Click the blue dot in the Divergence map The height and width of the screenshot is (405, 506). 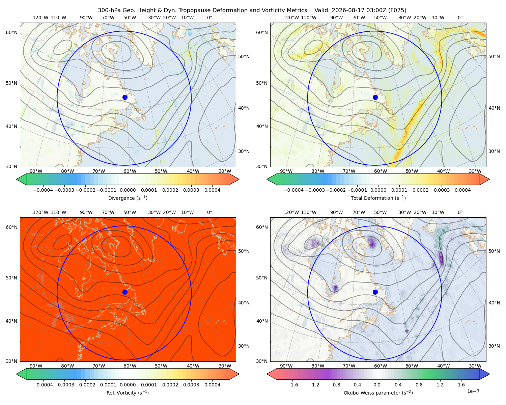pyautogui.click(x=125, y=98)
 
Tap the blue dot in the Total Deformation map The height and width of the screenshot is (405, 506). pyautogui.click(x=375, y=98)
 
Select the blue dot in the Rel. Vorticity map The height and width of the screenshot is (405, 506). pyautogui.click(x=125, y=292)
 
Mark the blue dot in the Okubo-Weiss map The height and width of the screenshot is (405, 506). pyautogui.click(x=375, y=292)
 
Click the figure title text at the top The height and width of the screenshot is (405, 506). pyautogui.click(x=252, y=10)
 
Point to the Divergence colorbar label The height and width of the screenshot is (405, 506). pyautogui.click(x=128, y=198)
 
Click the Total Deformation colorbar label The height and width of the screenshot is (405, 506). pyautogui.click(x=378, y=198)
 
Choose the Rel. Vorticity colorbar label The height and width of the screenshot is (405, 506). pyautogui.click(x=128, y=393)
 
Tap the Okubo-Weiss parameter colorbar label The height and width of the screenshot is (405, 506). pyautogui.click(x=378, y=393)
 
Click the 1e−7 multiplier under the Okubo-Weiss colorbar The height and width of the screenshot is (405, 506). pyautogui.click(x=473, y=391)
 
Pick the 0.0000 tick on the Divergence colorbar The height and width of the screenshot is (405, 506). pyautogui.click(x=128, y=190)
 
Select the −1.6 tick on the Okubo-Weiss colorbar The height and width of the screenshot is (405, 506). pyautogui.click(x=292, y=385)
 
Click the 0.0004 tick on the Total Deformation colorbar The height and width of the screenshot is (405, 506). pyautogui.click(x=462, y=190)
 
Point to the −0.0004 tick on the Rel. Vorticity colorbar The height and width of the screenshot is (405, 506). pyautogui.click(x=43, y=385)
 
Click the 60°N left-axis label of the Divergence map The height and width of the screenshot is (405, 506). pyautogui.click(x=11, y=32)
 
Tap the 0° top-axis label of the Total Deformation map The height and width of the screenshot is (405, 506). pyautogui.click(x=460, y=18)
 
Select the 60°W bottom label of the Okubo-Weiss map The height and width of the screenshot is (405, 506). pyautogui.click(x=380, y=366)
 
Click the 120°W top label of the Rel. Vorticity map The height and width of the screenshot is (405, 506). pyautogui.click(x=40, y=212)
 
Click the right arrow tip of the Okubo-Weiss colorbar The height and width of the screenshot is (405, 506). pyautogui.click(x=489, y=374)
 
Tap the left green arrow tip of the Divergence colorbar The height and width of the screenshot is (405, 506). pyautogui.click(x=16, y=179)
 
